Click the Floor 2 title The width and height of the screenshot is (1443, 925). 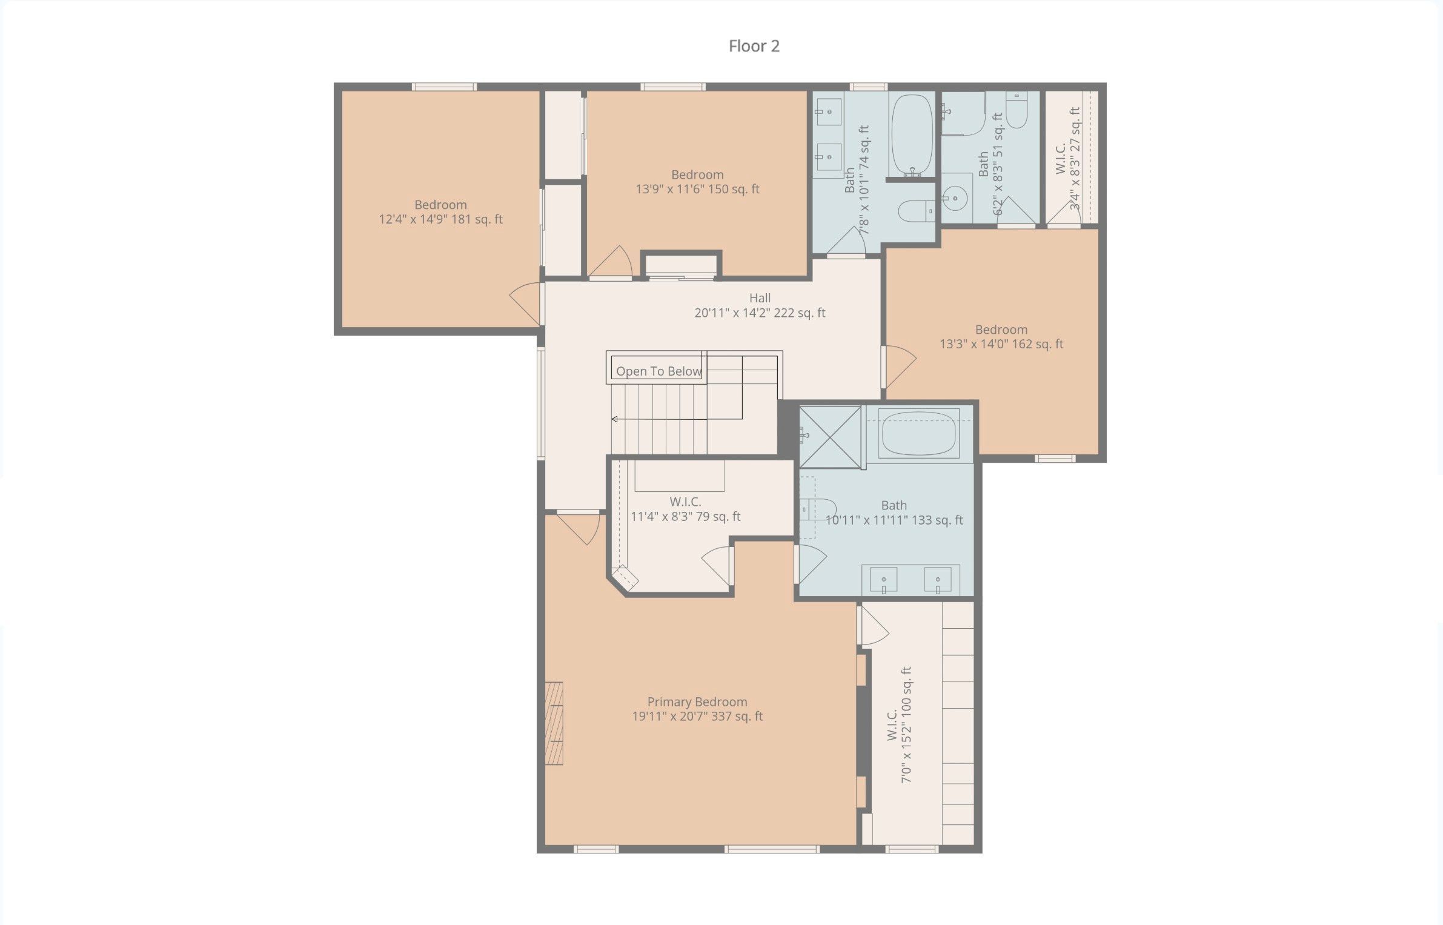click(x=754, y=46)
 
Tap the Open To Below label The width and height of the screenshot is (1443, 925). click(x=659, y=371)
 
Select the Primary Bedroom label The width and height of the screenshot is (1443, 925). click(x=697, y=701)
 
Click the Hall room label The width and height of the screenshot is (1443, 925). click(x=760, y=298)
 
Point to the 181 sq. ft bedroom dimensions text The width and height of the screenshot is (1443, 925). click(x=440, y=219)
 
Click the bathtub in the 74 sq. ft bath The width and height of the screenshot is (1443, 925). click(x=912, y=134)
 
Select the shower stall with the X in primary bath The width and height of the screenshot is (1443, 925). click(x=830, y=437)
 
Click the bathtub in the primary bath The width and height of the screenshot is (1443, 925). click(x=919, y=433)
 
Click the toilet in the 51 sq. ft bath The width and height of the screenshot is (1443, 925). click(x=1017, y=110)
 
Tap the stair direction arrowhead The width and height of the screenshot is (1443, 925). click(x=614, y=419)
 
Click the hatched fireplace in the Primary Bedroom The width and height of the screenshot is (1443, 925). click(x=554, y=723)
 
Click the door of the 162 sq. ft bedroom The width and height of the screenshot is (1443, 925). click(x=900, y=366)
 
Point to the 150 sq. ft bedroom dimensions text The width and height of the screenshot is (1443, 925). click(x=697, y=189)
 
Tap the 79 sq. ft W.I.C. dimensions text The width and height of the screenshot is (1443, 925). click(x=686, y=517)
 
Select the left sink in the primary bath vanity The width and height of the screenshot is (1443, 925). click(x=883, y=580)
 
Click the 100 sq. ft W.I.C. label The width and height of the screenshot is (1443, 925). click(x=892, y=725)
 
